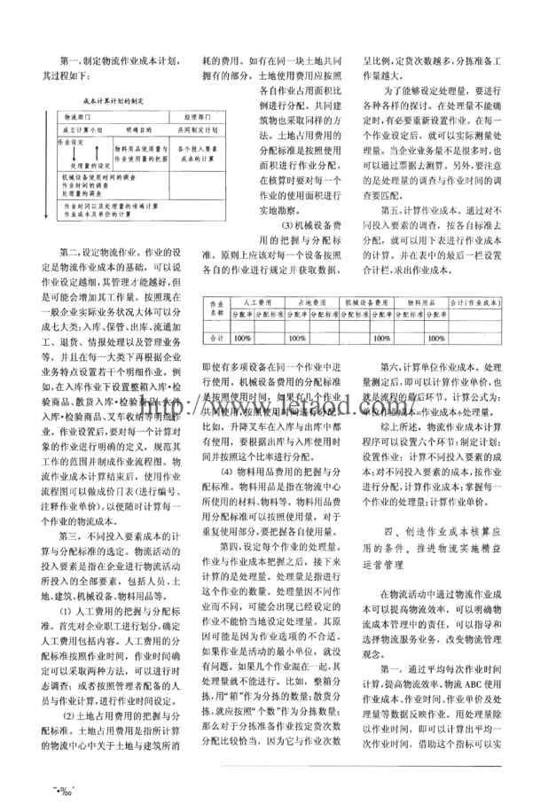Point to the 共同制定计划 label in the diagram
pos(194,129)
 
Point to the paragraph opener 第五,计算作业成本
pos(417,209)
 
